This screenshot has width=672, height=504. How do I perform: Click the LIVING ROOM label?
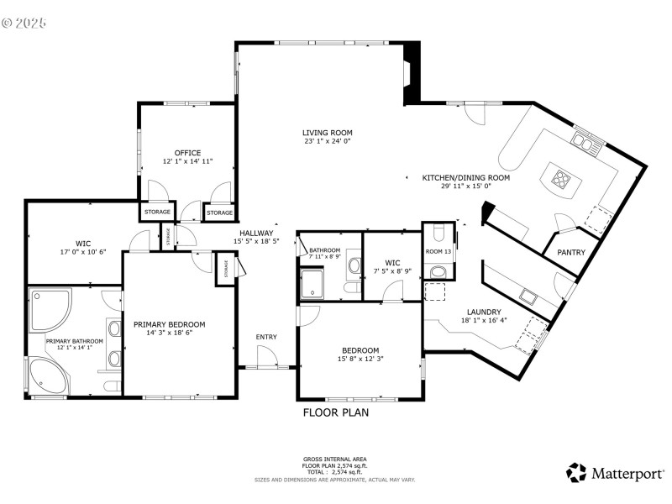click(328, 133)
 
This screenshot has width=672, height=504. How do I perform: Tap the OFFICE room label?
click(187, 153)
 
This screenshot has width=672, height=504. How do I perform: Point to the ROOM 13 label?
click(438, 251)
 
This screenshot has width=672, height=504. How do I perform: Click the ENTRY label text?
click(266, 337)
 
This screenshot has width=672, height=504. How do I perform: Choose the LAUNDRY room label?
click(484, 312)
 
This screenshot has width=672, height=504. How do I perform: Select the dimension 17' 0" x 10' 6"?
click(82, 252)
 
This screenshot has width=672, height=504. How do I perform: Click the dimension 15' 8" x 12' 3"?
click(360, 360)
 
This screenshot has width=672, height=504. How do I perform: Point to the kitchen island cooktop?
click(560, 177)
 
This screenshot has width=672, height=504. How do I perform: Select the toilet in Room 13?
click(438, 271)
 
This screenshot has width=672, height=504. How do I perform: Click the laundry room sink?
click(529, 296)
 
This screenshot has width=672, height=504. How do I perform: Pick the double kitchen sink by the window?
click(585, 141)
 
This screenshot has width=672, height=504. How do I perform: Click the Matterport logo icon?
click(576, 473)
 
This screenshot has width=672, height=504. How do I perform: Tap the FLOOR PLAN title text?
click(335, 412)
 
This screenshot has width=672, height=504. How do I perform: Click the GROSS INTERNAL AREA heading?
click(335, 459)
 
